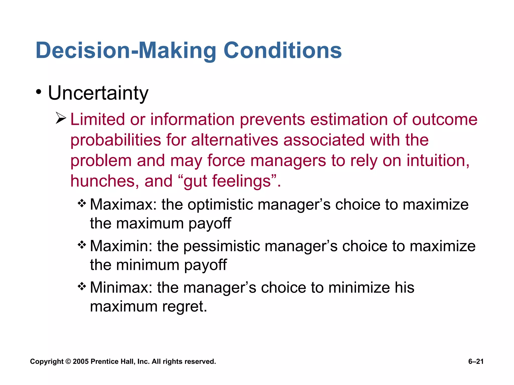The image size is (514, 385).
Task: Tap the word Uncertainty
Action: pyautogui.click(x=98, y=93)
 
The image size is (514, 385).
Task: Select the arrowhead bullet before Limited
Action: pyautogui.click(x=61, y=118)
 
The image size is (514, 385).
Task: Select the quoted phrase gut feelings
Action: pyautogui.click(x=228, y=181)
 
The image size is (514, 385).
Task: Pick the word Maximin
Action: pyautogui.click(x=121, y=246)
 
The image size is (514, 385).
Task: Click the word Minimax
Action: pyautogui.click(x=121, y=287)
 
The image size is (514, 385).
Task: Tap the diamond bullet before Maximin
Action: pyautogui.click(x=82, y=245)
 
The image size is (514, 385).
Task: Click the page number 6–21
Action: pyautogui.click(x=476, y=361)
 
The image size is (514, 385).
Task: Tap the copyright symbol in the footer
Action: pyautogui.click(x=68, y=361)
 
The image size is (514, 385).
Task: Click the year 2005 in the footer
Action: pyautogui.click(x=81, y=361)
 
